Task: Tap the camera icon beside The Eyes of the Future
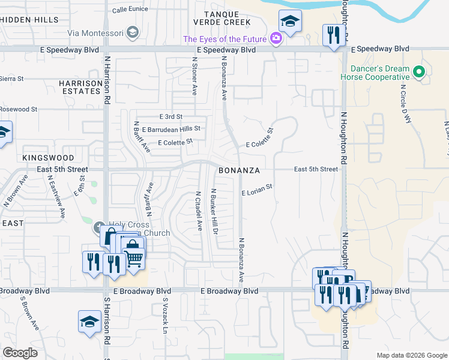point(276,39)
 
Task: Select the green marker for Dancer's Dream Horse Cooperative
point(419,74)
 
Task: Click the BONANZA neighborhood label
point(239,170)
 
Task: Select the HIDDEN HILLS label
point(29,19)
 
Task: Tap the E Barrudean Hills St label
point(171,128)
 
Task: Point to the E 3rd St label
point(171,116)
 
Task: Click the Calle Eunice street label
point(130,9)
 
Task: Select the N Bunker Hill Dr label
point(213,211)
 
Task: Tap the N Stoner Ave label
point(195,76)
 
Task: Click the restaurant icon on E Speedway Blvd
point(332,35)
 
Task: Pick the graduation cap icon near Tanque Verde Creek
point(290,22)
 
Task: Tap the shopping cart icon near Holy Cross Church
point(135,258)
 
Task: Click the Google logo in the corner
point(21,353)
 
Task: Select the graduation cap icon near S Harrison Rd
point(89,321)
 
